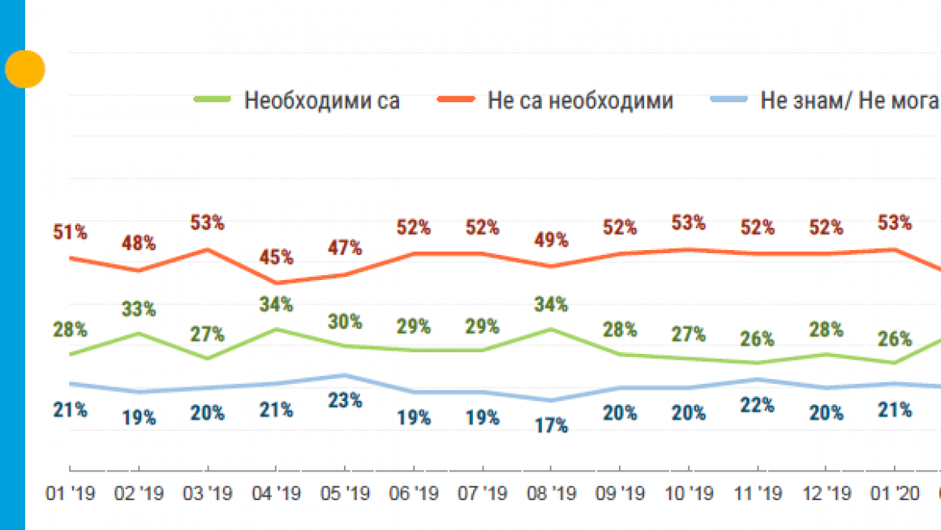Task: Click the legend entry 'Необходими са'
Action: (322, 101)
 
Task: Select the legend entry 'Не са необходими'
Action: (580, 101)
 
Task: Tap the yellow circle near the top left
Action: (24, 70)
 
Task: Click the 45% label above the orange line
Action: (276, 258)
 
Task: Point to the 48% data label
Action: (139, 243)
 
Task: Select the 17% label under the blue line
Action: (552, 425)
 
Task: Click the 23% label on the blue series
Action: (345, 400)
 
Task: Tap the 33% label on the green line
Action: (139, 309)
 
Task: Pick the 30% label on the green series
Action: (345, 321)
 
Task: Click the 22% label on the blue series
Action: (758, 404)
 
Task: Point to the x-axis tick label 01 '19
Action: (70, 494)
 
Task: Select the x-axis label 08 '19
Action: (552, 494)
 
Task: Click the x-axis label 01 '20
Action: (895, 494)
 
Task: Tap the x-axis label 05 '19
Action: (345, 494)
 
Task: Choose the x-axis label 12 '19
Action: (826, 494)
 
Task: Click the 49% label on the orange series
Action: (552, 240)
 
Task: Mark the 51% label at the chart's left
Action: (70, 232)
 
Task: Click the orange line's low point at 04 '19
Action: (276, 283)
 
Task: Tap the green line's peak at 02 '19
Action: (139, 334)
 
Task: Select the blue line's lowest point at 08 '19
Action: (552, 400)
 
